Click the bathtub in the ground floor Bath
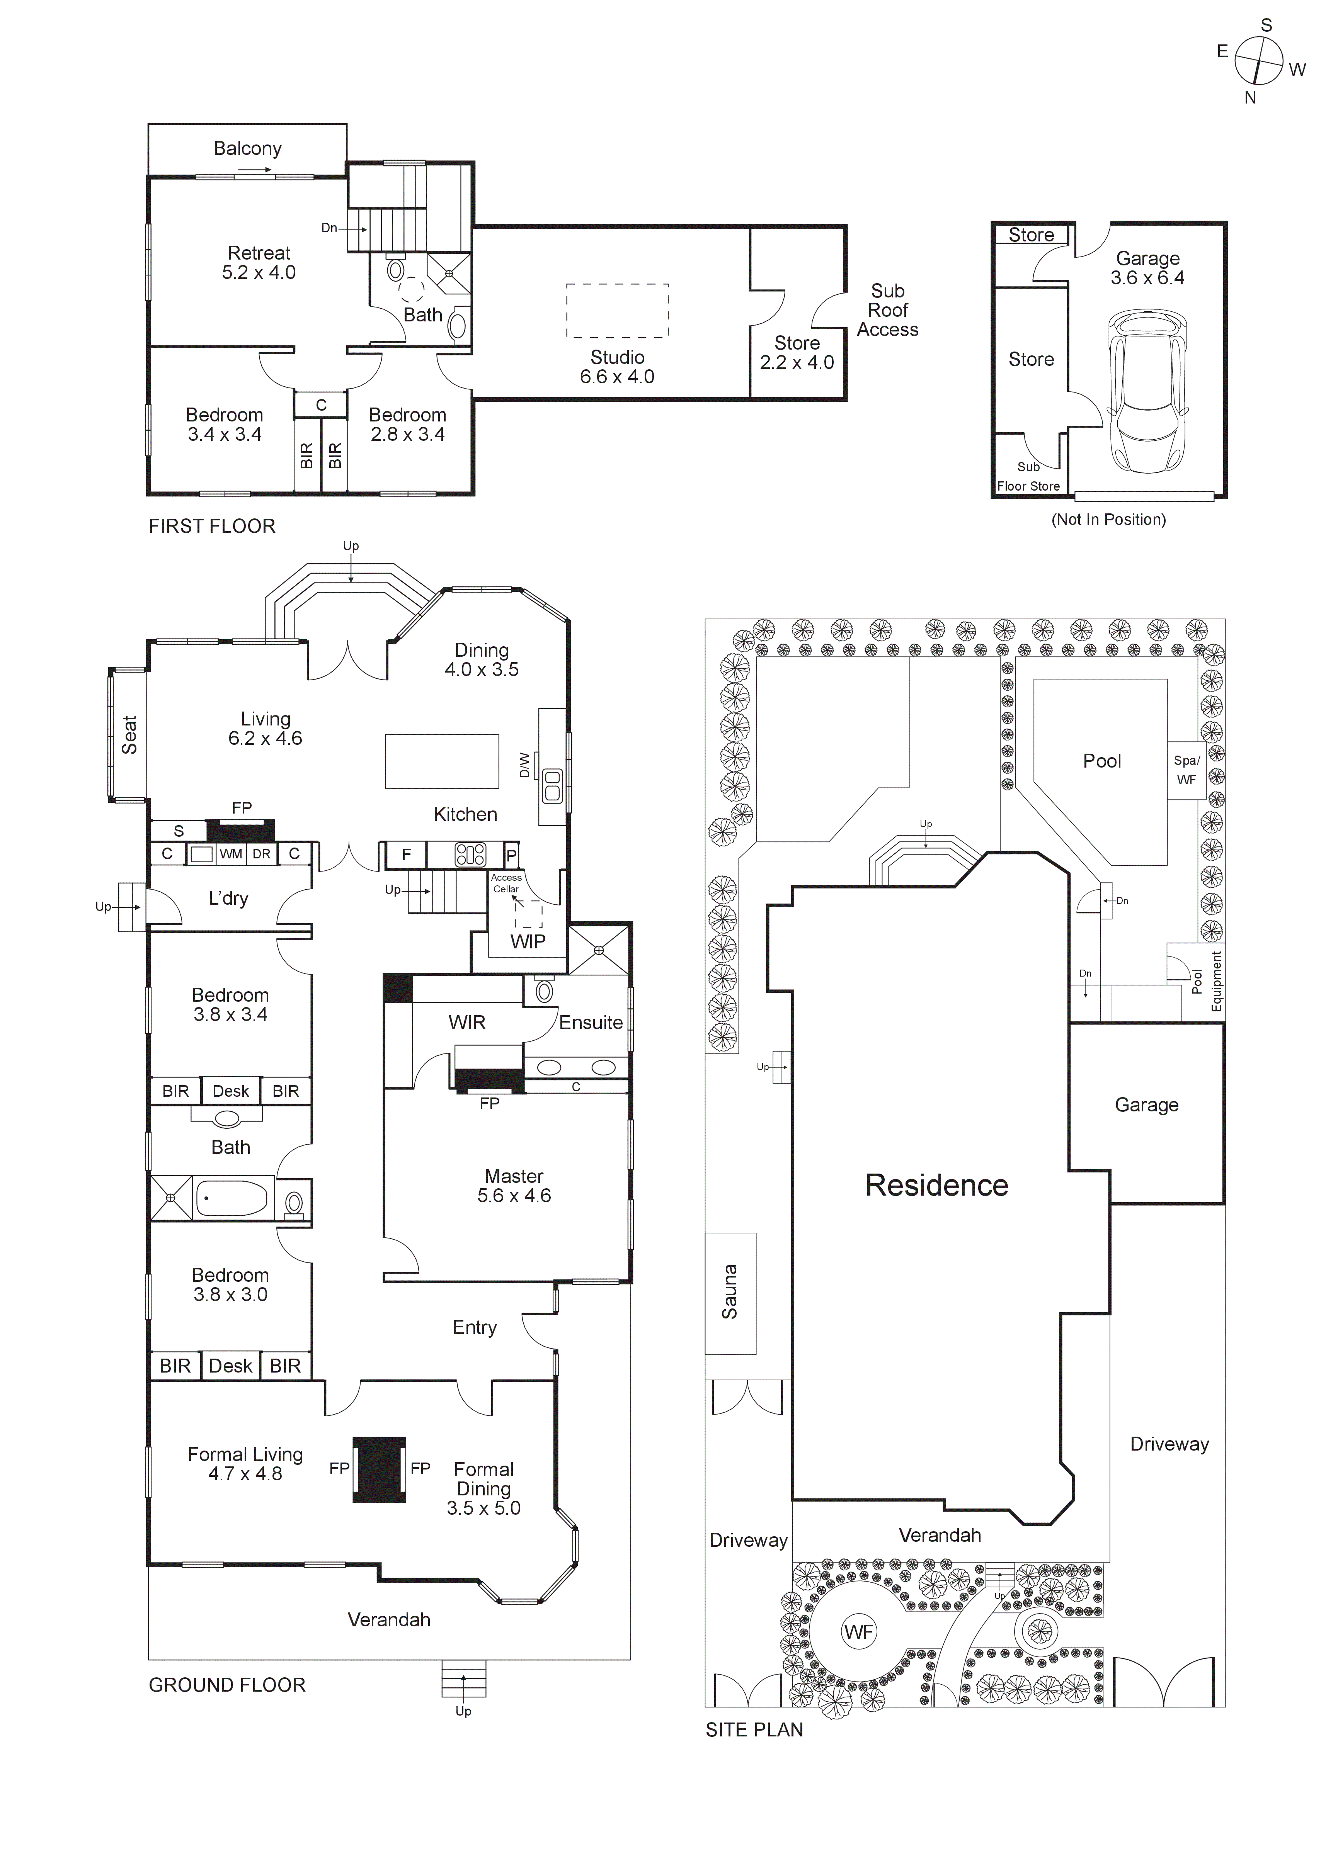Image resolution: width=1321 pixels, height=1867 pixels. [x=232, y=1199]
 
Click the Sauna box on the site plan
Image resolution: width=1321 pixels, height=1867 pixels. [x=730, y=1293]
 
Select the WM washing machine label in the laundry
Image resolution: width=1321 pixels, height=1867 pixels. [x=231, y=854]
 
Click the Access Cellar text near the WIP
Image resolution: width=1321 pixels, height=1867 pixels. [x=506, y=883]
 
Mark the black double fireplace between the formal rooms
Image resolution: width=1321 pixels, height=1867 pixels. [x=379, y=1470]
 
